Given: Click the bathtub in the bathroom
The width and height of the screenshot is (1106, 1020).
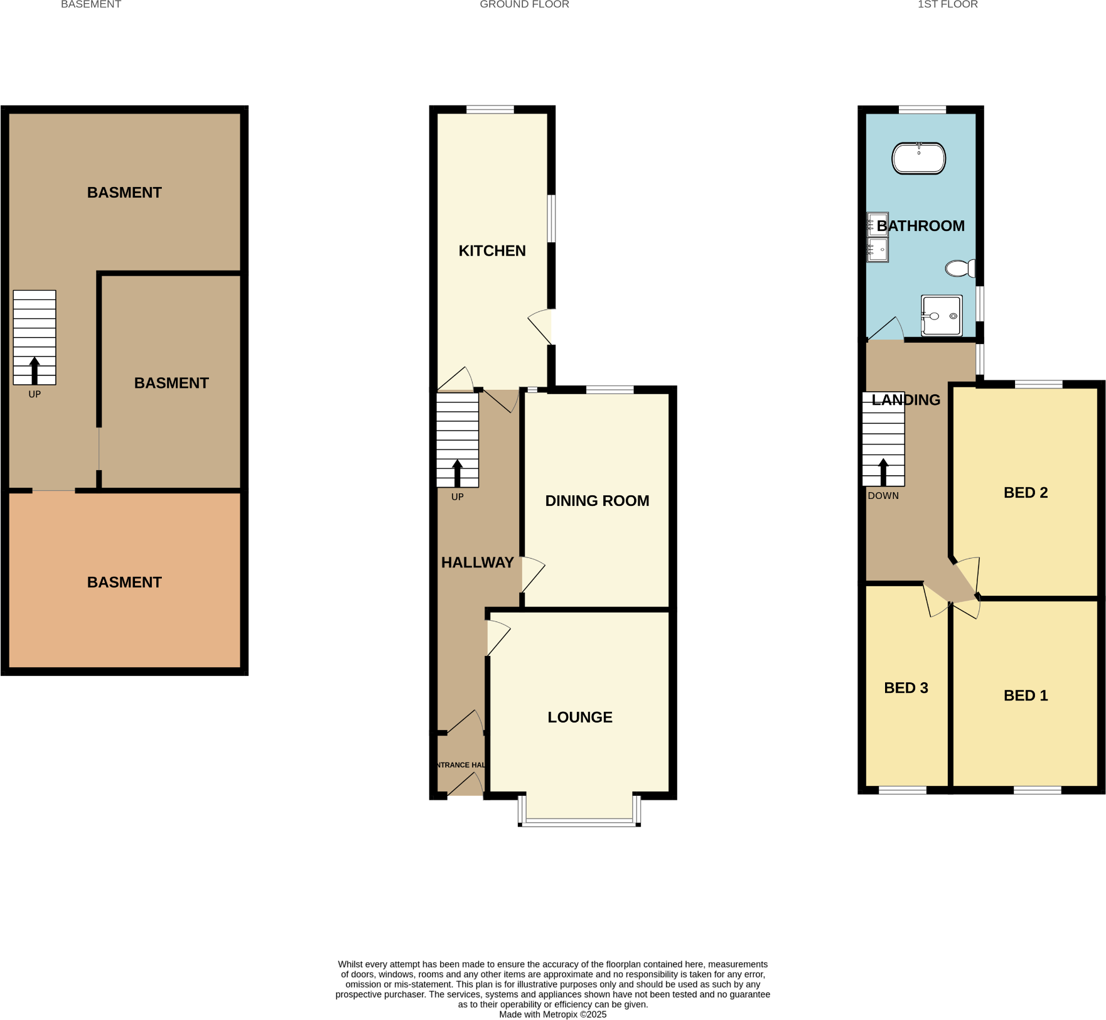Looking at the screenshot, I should click(918, 159).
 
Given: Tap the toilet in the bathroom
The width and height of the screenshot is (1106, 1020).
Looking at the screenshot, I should click(959, 269).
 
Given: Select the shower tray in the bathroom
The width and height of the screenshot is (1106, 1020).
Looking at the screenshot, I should click(941, 316).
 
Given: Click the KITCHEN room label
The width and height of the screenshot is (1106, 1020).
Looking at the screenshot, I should click(492, 251).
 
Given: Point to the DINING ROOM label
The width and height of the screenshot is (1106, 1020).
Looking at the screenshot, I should click(597, 501).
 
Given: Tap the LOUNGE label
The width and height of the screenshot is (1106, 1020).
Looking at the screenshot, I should click(579, 717).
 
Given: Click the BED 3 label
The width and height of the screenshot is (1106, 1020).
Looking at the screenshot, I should click(906, 688).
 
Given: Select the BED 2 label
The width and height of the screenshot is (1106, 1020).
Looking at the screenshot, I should click(1026, 493).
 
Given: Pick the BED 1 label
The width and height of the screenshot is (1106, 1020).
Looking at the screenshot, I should click(1026, 695).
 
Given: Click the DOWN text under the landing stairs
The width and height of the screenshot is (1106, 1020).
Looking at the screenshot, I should click(883, 496).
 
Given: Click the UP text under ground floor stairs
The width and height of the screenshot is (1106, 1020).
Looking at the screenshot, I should click(457, 497).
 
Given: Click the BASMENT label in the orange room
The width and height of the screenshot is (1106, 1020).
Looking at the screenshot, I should click(124, 582).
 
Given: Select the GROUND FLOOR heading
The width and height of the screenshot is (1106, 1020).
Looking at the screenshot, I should click(524, 5).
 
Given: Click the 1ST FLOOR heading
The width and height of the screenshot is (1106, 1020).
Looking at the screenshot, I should click(947, 5).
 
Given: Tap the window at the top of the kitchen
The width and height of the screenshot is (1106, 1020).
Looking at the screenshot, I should click(490, 110).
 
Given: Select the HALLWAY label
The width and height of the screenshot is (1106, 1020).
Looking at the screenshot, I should click(477, 563).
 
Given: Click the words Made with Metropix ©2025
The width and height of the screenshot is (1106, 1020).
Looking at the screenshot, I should click(552, 1014).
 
